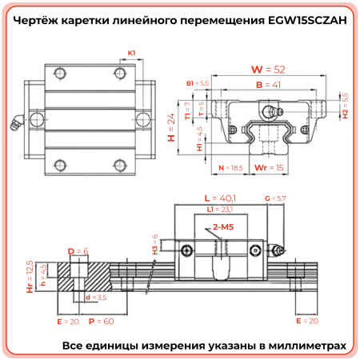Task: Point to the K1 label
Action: click(131, 53)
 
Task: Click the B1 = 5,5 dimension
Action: click(197, 83)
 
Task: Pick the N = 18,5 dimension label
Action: click(230, 167)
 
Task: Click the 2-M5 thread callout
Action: click(224, 228)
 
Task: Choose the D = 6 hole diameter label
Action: click(78, 251)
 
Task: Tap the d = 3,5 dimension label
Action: click(95, 297)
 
